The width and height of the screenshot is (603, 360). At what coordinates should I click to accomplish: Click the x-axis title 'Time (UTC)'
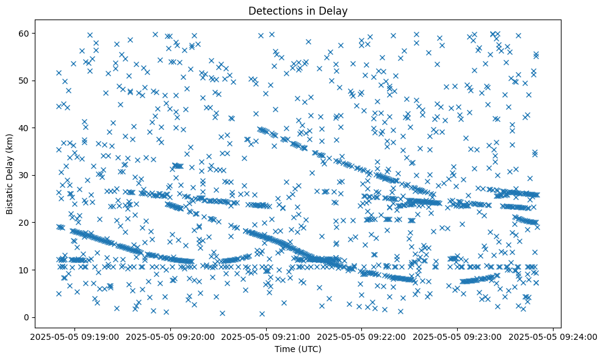coord(298,350)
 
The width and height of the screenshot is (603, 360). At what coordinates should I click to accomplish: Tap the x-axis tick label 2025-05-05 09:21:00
coord(266,336)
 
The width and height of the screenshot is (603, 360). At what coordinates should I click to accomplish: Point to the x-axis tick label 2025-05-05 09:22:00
coord(362,336)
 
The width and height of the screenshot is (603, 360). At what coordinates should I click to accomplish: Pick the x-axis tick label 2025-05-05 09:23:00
coord(458,336)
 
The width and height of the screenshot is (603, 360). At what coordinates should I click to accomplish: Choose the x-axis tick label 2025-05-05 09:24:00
coord(553,336)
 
